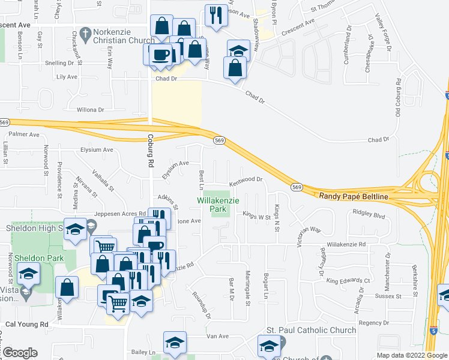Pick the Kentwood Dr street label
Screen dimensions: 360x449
click(x=246, y=179)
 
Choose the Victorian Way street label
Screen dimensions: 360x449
click(x=309, y=230)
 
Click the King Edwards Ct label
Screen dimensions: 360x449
click(x=348, y=280)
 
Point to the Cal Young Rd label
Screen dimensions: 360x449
click(x=26, y=324)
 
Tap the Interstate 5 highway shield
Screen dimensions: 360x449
click(x=433, y=331)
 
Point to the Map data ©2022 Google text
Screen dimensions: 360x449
click(x=411, y=355)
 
